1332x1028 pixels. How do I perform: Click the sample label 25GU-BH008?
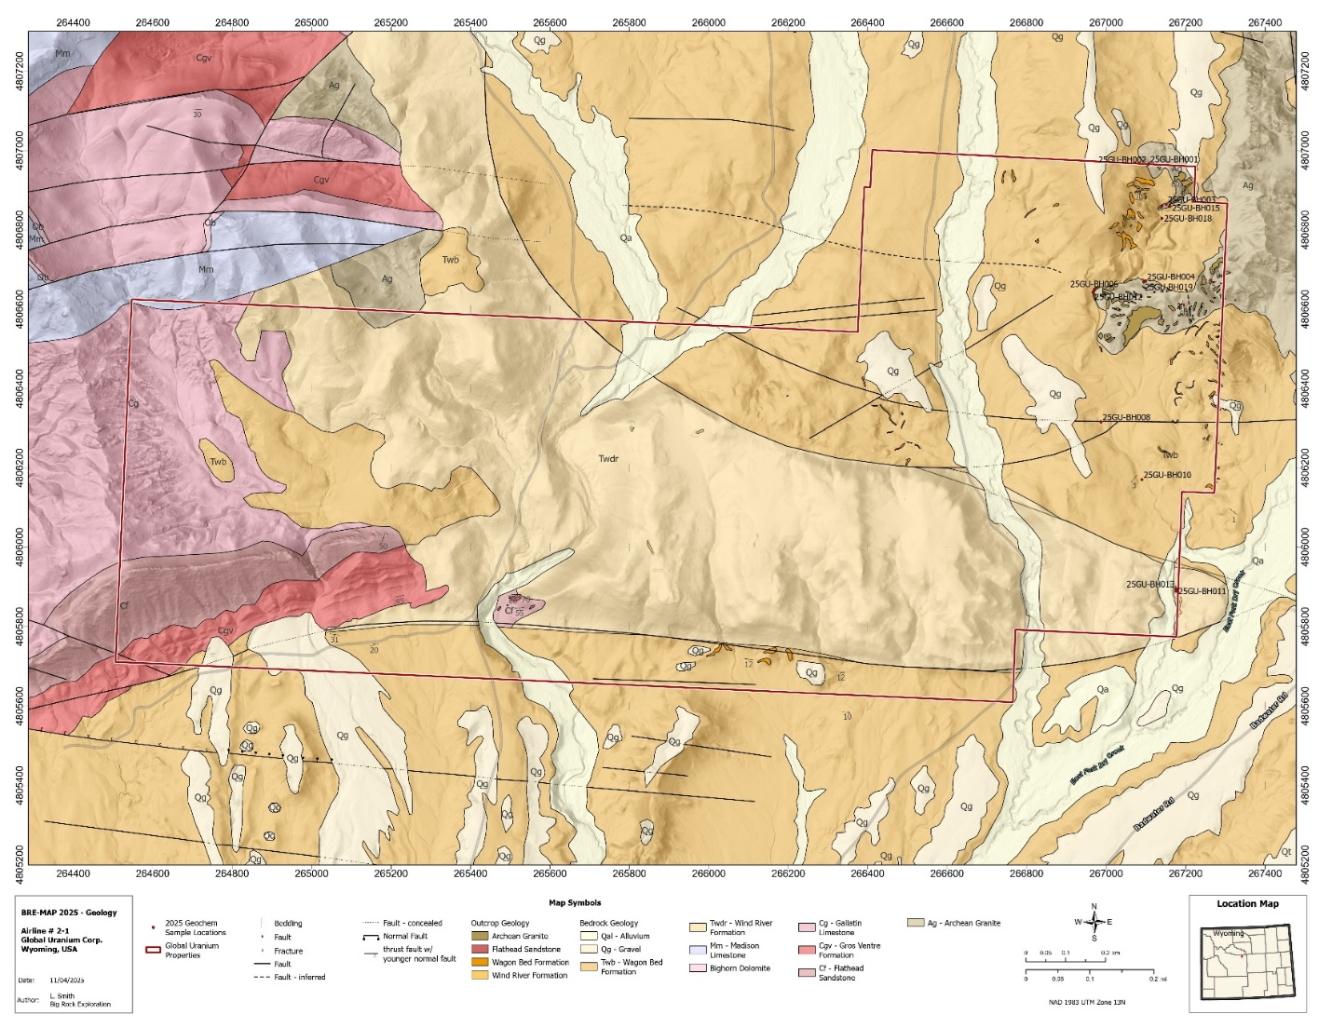(1126, 417)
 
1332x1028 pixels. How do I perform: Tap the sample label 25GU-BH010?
(1167, 475)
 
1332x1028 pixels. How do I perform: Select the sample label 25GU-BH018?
(1189, 219)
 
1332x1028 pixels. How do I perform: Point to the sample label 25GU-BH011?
(1203, 591)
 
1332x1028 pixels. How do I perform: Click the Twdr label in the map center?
(608, 458)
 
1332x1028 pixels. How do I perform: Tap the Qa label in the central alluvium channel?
(627, 238)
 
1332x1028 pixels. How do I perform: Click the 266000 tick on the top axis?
(709, 21)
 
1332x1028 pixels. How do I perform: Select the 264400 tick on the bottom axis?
(74, 873)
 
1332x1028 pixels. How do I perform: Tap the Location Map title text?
(1247, 903)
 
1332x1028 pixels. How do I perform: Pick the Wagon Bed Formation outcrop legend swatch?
(480, 962)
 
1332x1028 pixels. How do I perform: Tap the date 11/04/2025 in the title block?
(67, 981)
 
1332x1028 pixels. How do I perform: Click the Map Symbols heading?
(574, 902)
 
